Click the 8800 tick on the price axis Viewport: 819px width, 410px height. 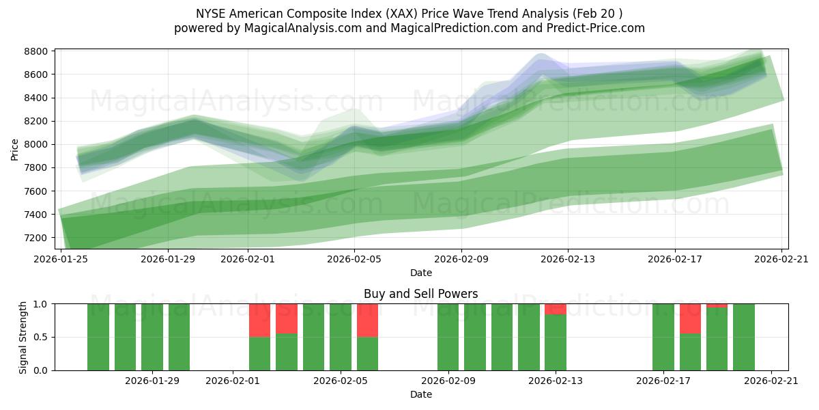36,51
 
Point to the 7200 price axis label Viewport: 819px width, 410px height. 36,238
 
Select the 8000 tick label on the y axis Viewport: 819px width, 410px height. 36,144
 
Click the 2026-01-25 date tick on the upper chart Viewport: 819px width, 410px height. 61,260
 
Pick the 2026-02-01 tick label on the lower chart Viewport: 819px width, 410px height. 233,381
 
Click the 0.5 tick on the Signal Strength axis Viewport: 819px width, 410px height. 41,338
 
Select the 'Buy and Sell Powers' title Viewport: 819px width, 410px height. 420,294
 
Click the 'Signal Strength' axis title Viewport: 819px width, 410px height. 23,337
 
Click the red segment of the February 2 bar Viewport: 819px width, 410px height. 259,320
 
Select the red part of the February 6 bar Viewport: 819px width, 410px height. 367,320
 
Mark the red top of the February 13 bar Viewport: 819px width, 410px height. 556,309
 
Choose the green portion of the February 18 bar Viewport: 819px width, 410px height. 690,352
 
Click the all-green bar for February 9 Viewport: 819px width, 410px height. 448,337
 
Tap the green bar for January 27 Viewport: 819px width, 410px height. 125,337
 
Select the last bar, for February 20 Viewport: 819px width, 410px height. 744,337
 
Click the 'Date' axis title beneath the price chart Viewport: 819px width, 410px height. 420,273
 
